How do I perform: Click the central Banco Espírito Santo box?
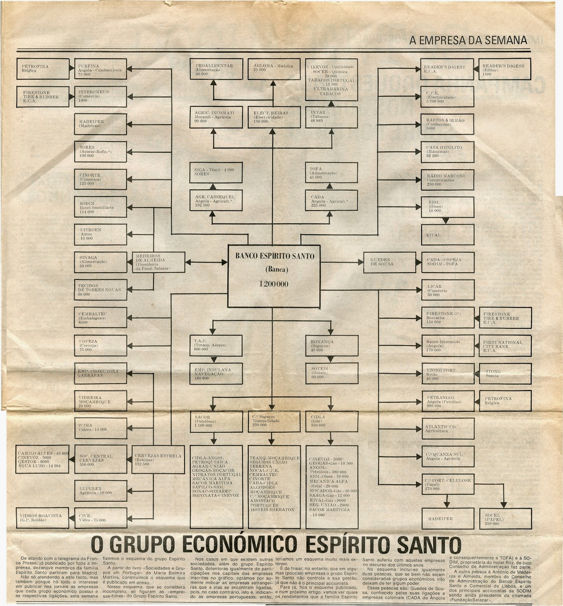coord(275,276)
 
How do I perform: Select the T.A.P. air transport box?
coord(216,345)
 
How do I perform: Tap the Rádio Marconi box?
coord(447,180)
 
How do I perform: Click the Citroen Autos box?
coord(100,234)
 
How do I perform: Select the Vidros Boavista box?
coord(42,518)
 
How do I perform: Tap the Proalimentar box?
coord(216,69)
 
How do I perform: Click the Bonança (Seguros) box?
coord(332,345)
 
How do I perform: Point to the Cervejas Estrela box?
coord(158,459)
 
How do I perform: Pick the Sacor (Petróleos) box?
coord(216,421)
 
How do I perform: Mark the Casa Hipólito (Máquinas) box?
coord(447,151)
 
